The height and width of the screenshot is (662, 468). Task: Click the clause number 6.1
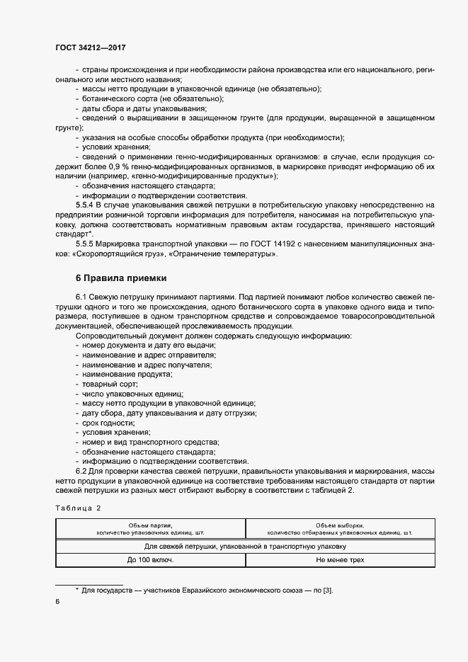(81, 298)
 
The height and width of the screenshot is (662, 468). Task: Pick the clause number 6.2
(81, 471)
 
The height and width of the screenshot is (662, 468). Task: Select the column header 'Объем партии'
(150, 525)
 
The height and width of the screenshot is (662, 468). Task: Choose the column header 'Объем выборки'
(339, 525)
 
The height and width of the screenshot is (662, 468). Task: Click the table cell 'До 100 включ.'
(150, 559)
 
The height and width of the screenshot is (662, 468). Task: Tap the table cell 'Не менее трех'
(340, 559)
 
